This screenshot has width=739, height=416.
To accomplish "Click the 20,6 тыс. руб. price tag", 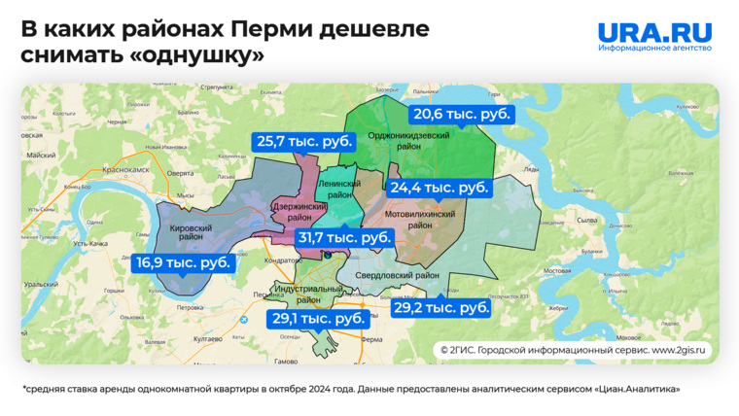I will coord(462,114).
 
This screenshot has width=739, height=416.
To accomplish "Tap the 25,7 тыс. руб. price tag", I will coord(305,141).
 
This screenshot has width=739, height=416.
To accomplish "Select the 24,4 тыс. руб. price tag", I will coord(440,188).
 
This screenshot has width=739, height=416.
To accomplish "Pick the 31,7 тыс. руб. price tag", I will coord(344,237).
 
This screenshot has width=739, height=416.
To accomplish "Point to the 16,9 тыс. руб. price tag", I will coord(184,262).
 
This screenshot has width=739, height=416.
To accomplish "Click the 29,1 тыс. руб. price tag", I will coord(318,318).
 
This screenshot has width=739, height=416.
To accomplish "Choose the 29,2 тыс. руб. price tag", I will coord(440,307).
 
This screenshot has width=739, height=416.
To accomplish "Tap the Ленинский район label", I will coord(339,189).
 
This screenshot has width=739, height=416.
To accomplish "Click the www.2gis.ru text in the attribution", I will coord(681,349).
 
